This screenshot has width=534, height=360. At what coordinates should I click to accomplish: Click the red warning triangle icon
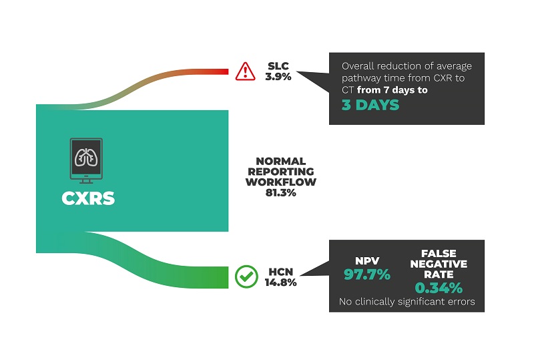245,71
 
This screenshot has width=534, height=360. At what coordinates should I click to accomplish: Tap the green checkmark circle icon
246,277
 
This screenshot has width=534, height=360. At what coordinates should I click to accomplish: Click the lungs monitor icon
86,160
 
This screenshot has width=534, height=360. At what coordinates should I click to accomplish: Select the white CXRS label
88,198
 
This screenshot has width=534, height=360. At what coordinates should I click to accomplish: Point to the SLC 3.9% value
278,77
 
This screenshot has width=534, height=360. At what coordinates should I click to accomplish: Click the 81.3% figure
281,193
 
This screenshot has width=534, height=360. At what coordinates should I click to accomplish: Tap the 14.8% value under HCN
280,283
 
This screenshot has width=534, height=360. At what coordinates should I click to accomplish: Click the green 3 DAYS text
370,105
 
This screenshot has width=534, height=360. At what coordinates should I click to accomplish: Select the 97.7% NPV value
367,275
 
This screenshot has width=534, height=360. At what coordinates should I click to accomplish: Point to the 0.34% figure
439,288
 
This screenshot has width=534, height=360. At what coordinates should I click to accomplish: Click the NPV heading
367,261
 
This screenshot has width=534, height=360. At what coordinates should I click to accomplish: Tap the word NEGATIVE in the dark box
439,264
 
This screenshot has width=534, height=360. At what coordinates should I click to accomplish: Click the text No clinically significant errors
407,302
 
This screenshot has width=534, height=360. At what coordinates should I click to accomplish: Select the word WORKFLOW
281,182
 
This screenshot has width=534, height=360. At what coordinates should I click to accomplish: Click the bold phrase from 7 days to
392,90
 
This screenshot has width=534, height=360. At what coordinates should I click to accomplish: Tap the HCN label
280,272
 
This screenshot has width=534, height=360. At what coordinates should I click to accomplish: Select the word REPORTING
281,172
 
